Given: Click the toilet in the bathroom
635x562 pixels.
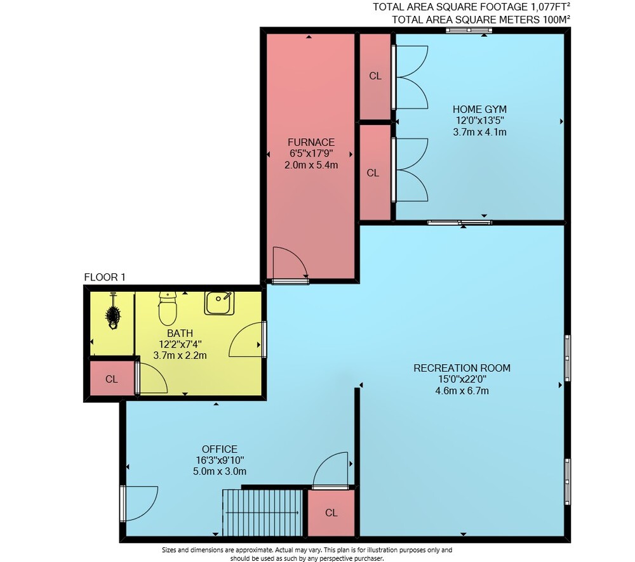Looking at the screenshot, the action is (168, 308).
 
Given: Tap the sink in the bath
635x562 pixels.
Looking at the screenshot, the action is (219, 303).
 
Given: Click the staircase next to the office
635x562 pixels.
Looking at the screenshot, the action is (262, 513).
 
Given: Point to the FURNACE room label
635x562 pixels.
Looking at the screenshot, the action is (311, 143).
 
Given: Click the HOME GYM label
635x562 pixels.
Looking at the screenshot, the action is (479, 109).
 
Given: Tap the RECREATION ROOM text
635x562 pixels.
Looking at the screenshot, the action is (462, 368).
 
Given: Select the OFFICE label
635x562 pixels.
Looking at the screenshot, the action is (220, 449).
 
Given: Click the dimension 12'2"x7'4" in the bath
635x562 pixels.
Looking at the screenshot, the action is (180, 344).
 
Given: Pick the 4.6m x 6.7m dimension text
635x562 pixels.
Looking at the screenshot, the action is (462, 391).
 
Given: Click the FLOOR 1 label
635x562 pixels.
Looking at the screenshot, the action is (105, 277).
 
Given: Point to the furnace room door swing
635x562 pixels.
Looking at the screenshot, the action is (290, 263).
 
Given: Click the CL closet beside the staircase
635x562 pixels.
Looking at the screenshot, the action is (331, 513).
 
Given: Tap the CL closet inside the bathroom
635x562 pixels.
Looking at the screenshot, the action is (112, 379).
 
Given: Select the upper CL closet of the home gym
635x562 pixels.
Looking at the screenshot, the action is (375, 76).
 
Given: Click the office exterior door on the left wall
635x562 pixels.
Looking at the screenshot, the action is (139, 504).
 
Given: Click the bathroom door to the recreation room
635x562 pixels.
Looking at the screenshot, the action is (247, 339).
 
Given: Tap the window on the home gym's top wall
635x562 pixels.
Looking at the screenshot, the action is (469, 30).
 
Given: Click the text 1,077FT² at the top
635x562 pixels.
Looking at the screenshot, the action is (544, 7).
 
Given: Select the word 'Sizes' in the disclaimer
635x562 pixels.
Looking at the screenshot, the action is (170, 550).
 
